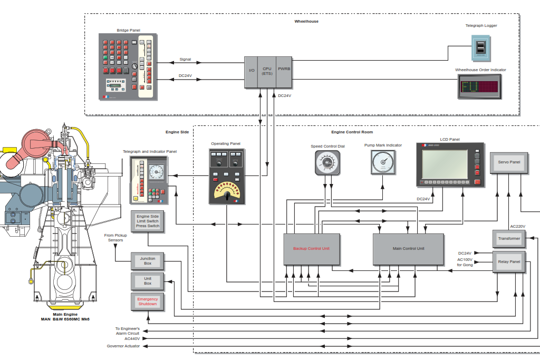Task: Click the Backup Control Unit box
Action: [312, 249]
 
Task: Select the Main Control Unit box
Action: [409, 249]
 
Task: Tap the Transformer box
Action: [509, 239]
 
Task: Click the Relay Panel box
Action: [509, 262]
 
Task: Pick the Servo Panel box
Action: [509, 163]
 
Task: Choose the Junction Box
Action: [148, 261]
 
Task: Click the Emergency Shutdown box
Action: [148, 302]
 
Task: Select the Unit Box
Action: [148, 281]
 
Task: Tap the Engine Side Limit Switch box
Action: [148, 221]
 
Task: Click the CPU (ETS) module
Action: [267, 72]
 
